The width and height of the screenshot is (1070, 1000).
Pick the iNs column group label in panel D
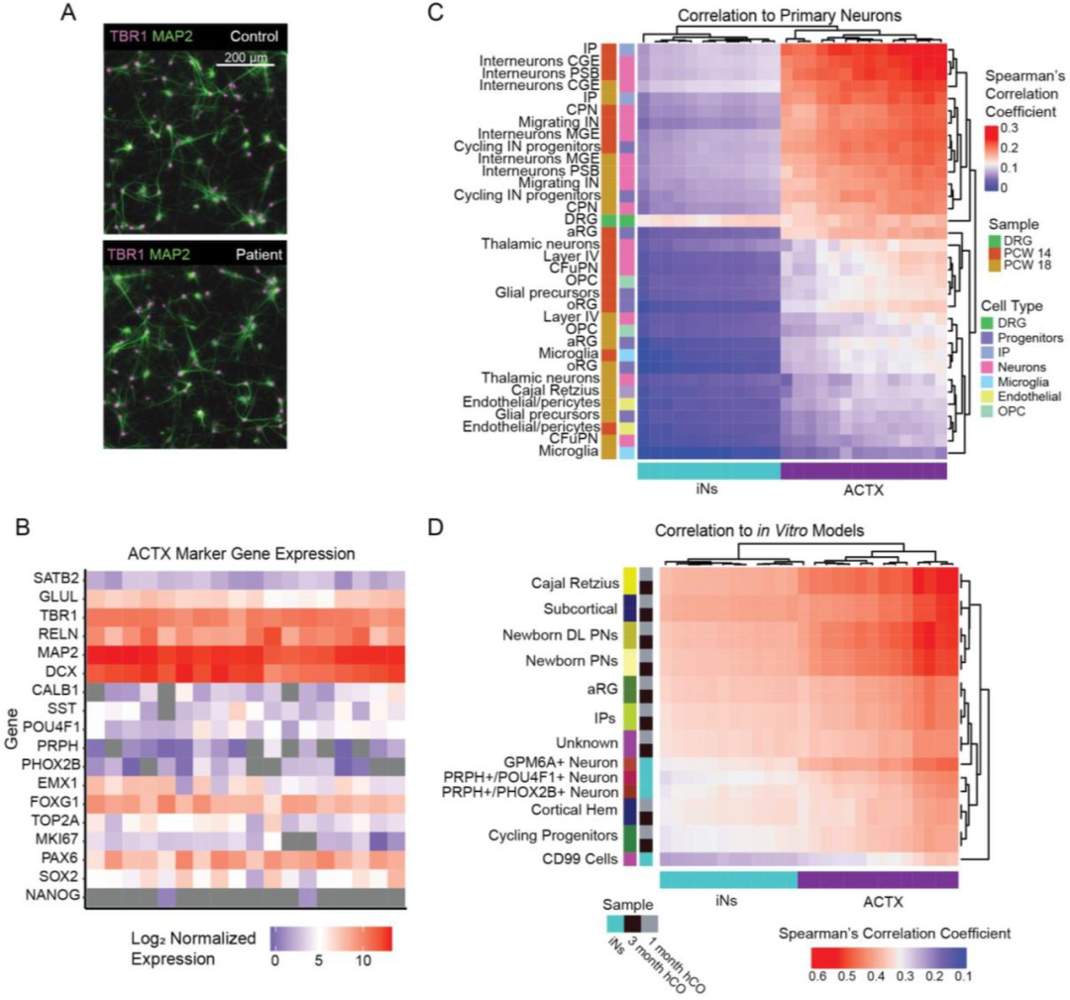(x=728, y=902)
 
